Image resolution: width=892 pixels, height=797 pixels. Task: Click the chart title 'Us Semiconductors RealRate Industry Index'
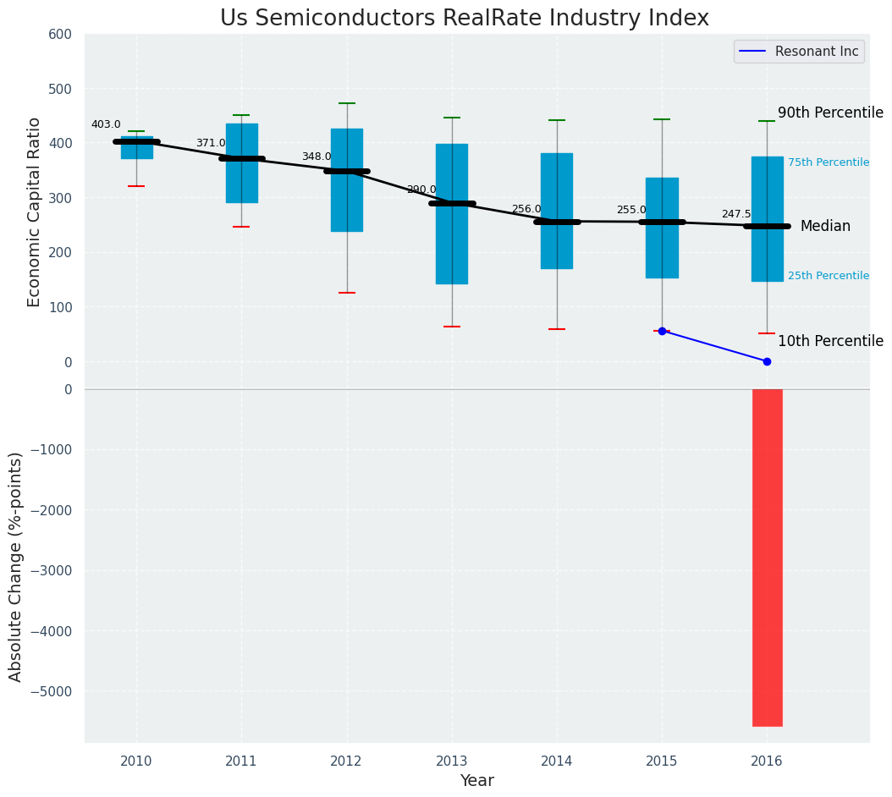(464, 19)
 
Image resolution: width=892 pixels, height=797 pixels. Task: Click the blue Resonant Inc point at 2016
(767, 361)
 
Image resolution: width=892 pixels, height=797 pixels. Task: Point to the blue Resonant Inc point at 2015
(662, 331)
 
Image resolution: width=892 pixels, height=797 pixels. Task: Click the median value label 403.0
(106, 124)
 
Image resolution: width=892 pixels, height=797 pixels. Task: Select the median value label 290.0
(421, 190)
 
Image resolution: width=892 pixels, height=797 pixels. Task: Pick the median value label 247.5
(736, 215)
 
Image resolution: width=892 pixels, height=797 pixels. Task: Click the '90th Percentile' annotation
(830, 113)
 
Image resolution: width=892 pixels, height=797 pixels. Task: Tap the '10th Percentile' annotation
(830, 341)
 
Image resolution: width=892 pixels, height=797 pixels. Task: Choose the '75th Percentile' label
(829, 162)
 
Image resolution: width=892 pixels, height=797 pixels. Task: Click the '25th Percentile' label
(829, 276)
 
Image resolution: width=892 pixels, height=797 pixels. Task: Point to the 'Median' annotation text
(825, 226)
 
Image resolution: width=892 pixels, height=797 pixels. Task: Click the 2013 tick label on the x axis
(452, 761)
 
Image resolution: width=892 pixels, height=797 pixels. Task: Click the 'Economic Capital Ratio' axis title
(35, 212)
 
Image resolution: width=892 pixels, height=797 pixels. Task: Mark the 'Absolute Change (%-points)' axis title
(16, 566)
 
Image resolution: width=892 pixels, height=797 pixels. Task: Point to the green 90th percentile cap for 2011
(241, 115)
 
